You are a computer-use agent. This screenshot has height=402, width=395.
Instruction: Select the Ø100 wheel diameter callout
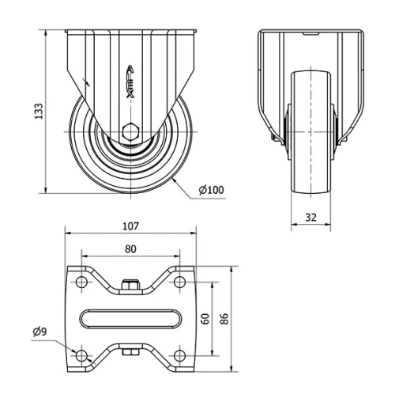point(211,190)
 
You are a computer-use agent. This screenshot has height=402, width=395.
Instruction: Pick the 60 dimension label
point(205,319)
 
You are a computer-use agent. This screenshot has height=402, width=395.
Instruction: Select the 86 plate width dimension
point(224,319)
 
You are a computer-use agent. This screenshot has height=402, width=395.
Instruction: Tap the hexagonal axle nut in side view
point(130,131)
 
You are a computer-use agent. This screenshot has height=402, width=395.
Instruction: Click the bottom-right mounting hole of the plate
point(179,355)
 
